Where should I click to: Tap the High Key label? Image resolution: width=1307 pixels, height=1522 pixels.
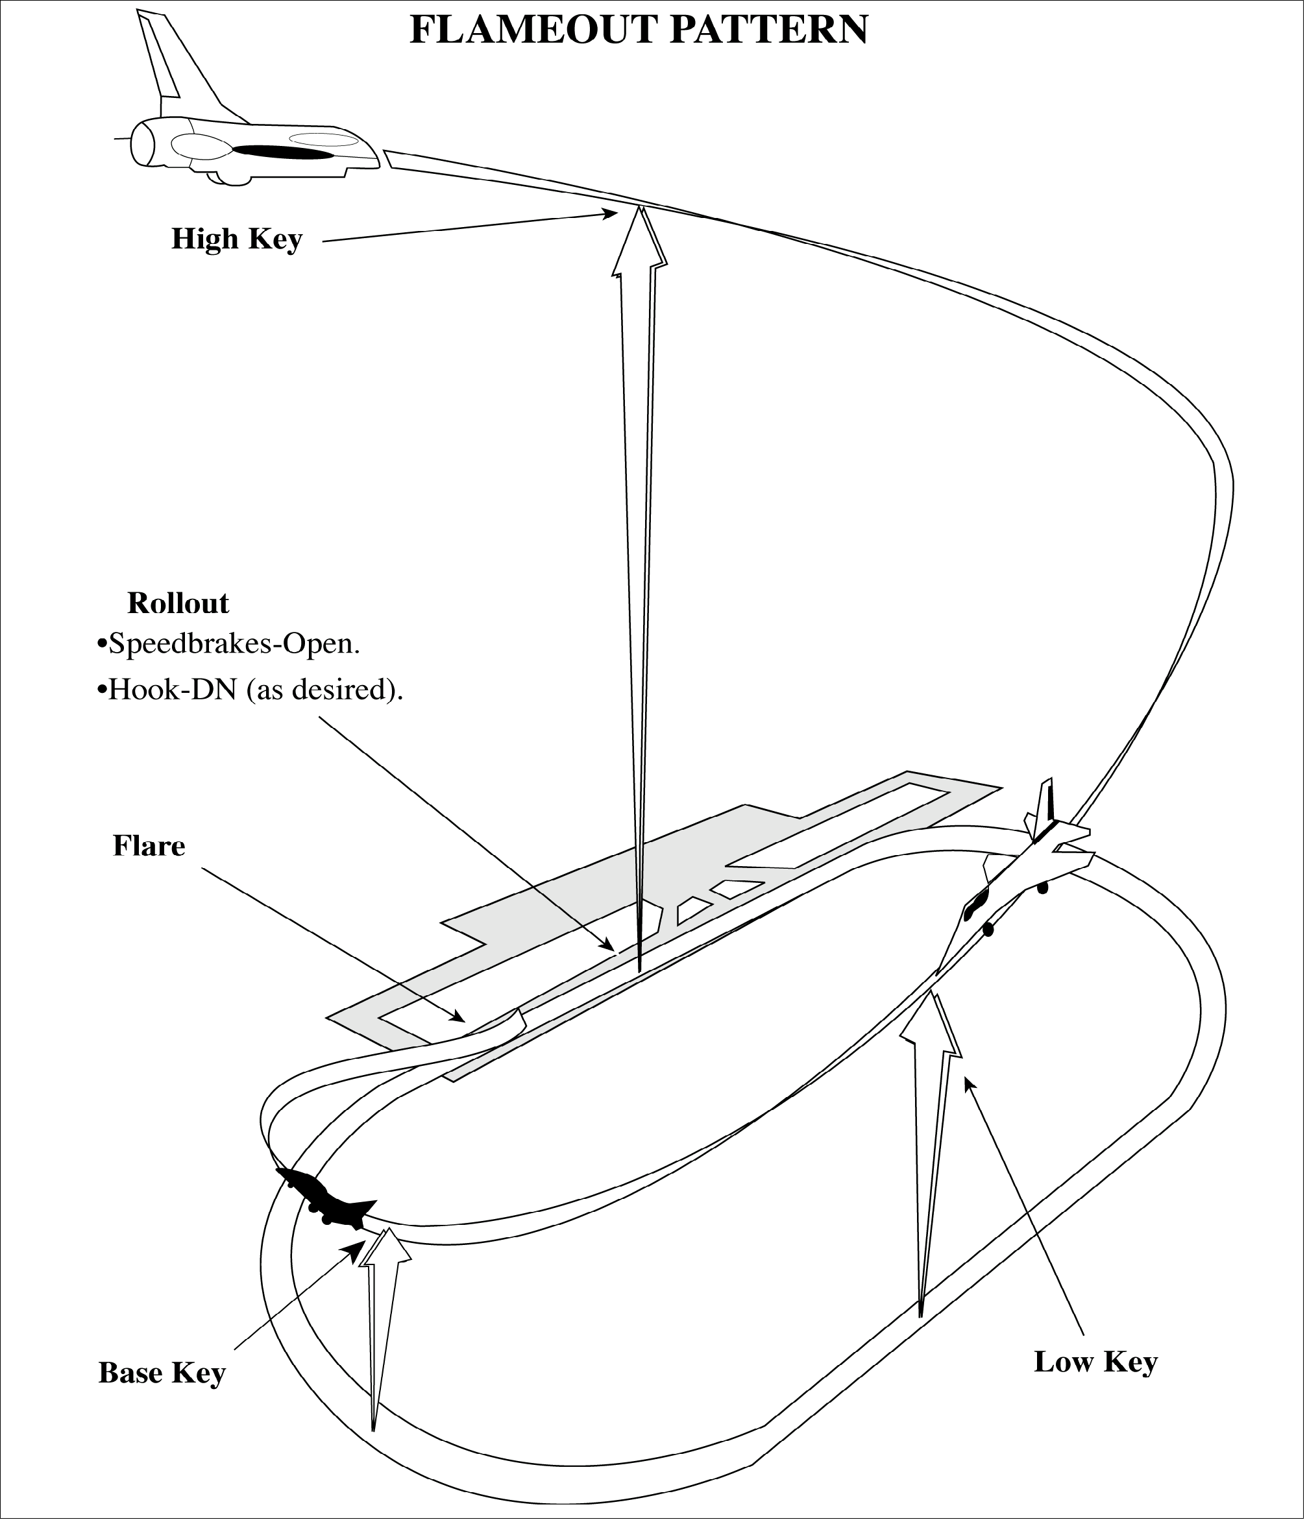(237, 239)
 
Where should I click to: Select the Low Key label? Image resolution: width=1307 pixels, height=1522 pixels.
(1095, 1362)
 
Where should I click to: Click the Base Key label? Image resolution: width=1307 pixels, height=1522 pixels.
(162, 1373)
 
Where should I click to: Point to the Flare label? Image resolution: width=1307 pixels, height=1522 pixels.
(149, 846)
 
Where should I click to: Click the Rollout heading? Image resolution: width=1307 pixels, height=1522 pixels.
(178, 603)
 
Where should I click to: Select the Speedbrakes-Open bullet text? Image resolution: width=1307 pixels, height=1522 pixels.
(228, 644)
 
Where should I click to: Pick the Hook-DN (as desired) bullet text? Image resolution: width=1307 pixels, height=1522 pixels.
(250, 690)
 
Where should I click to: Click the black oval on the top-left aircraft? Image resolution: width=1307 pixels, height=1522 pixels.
(283, 152)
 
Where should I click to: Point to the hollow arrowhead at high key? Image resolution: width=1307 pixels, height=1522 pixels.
(640, 243)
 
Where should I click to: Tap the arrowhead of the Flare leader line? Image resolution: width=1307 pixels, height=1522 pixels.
(458, 1017)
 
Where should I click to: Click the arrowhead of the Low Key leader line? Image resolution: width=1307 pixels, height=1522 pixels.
(970, 1084)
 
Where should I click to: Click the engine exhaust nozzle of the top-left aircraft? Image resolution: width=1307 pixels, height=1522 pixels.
(143, 144)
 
